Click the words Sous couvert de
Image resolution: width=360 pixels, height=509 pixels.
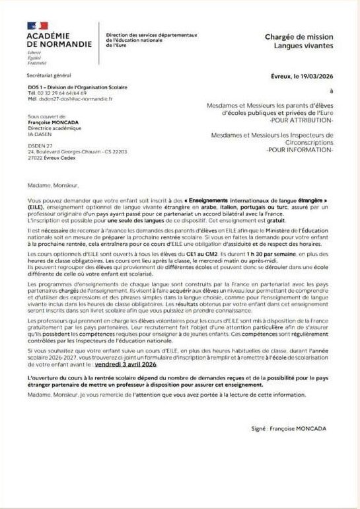[x=42, y=116]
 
